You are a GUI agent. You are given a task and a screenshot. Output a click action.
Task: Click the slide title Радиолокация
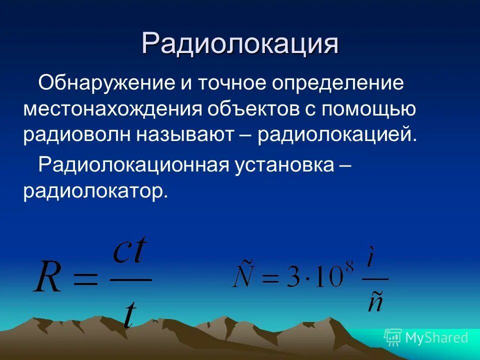coord(239,43)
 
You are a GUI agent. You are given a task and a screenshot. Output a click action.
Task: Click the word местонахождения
coord(111,109)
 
